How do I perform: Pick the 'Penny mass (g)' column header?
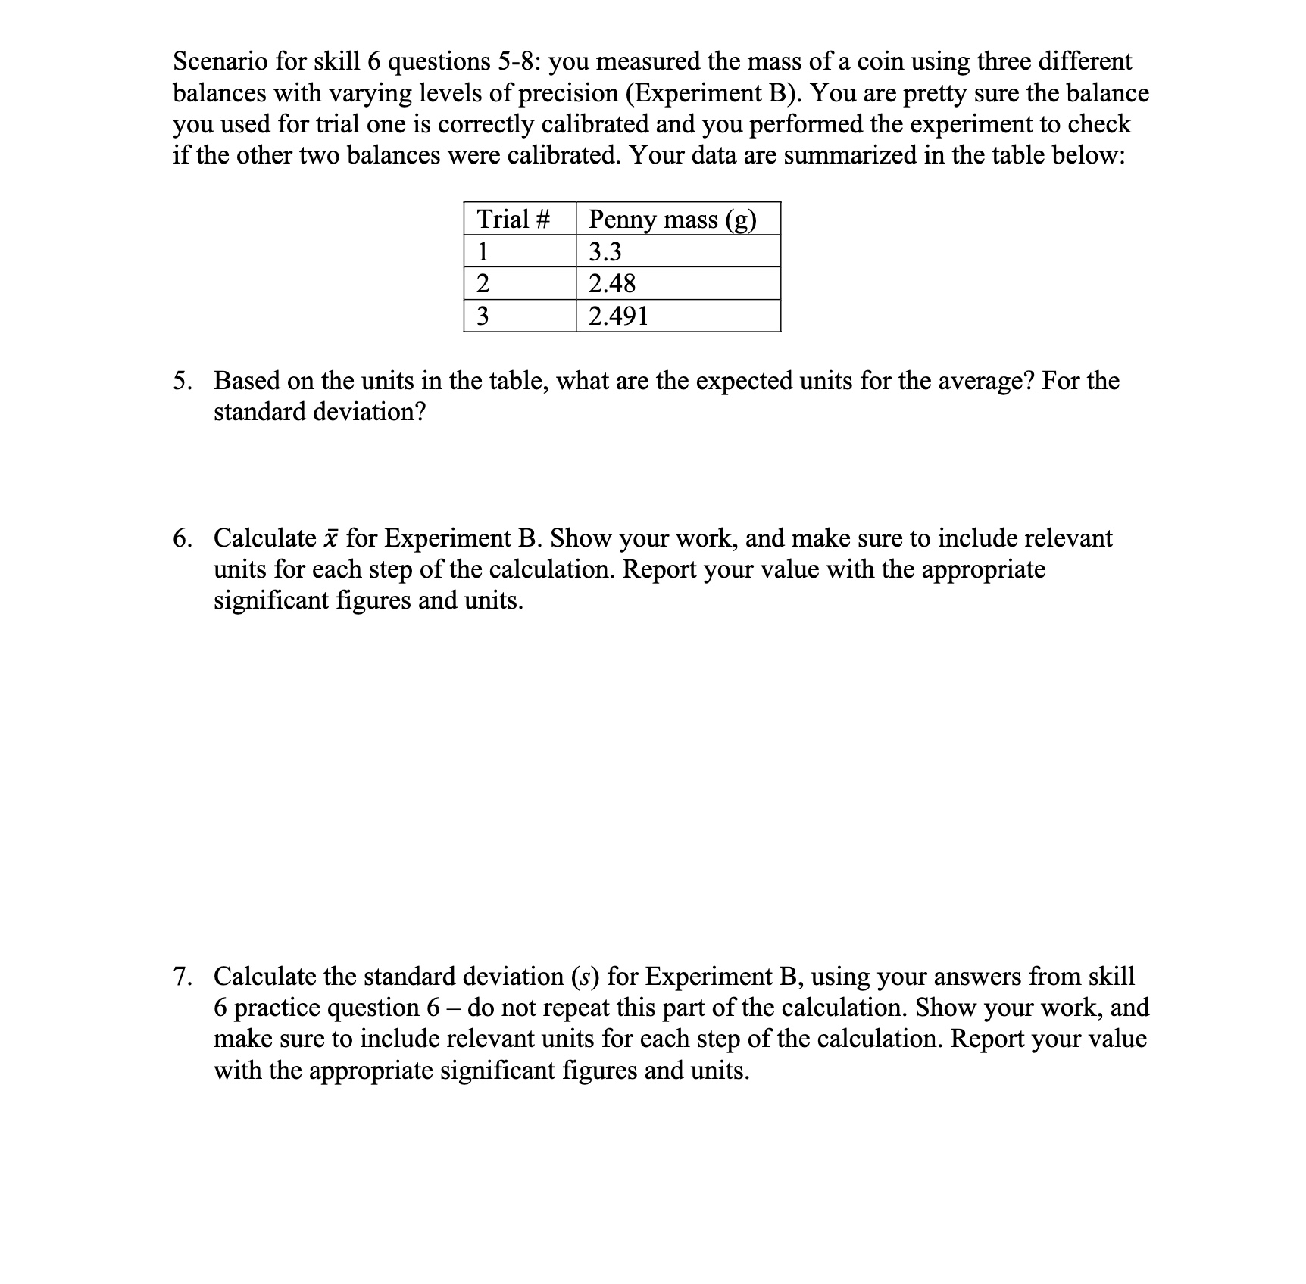(x=673, y=220)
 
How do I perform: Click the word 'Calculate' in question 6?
(x=264, y=538)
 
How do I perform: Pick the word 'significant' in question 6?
(x=264, y=600)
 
